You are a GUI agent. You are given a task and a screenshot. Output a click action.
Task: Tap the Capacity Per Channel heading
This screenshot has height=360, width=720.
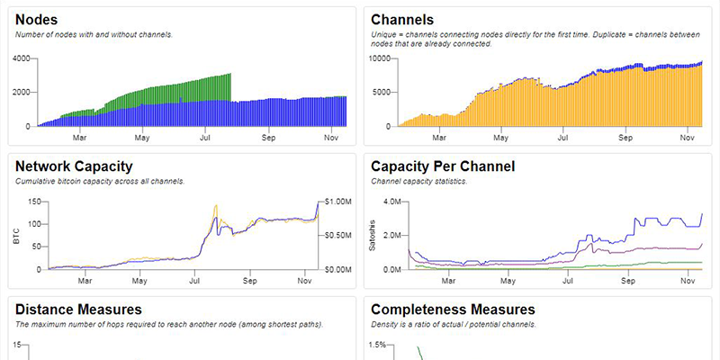tap(443, 166)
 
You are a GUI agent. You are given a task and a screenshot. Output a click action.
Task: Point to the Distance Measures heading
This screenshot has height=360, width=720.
tap(78, 310)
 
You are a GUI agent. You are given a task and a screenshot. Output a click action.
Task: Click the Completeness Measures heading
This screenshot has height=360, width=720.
tap(453, 310)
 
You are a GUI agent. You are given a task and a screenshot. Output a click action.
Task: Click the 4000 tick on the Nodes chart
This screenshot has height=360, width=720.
tap(22, 58)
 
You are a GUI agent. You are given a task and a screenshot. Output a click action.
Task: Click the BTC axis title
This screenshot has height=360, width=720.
tap(15, 236)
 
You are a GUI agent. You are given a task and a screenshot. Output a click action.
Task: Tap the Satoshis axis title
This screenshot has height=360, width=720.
tap(373, 236)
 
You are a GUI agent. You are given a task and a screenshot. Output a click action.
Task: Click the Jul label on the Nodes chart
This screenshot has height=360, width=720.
tap(204, 138)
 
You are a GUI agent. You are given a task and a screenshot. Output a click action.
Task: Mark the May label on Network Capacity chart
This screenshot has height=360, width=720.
tap(140, 281)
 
